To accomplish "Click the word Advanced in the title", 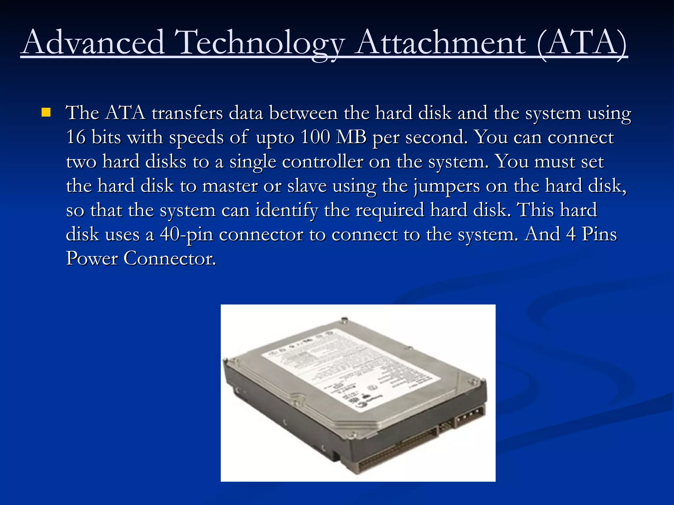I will (93, 43).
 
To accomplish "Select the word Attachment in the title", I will (441, 43).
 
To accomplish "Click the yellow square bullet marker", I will (46, 113).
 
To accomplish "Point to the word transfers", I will (187, 113).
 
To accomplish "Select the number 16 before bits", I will (75, 137).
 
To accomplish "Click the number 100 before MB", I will (315, 137).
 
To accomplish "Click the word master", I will (230, 186).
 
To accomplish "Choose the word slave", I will (307, 186).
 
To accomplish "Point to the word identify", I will (287, 210).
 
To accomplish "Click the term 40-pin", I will (186, 235).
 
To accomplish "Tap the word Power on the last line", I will (92, 258).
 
